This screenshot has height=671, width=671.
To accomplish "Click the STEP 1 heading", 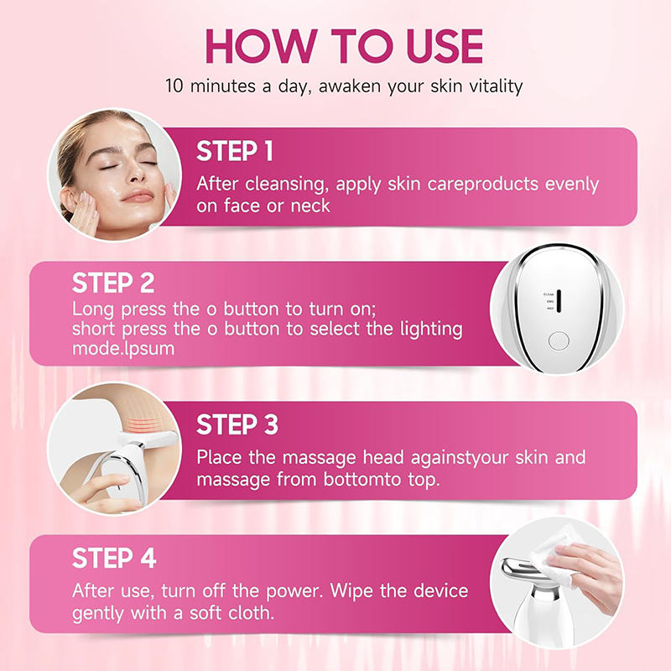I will pyautogui.click(x=235, y=152).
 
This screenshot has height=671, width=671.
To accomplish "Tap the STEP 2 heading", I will pyautogui.click(x=113, y=282).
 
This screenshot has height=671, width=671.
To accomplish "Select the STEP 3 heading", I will pyautogui.click(x=237, y=425).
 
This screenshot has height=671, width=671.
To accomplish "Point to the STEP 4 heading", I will pyautogui.click(x=114, y=558).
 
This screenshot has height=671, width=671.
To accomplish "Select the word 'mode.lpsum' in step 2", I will pyautogui.click(x=123, y=347).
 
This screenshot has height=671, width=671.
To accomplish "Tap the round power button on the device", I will pyautogui.click(x=558, y=341).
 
